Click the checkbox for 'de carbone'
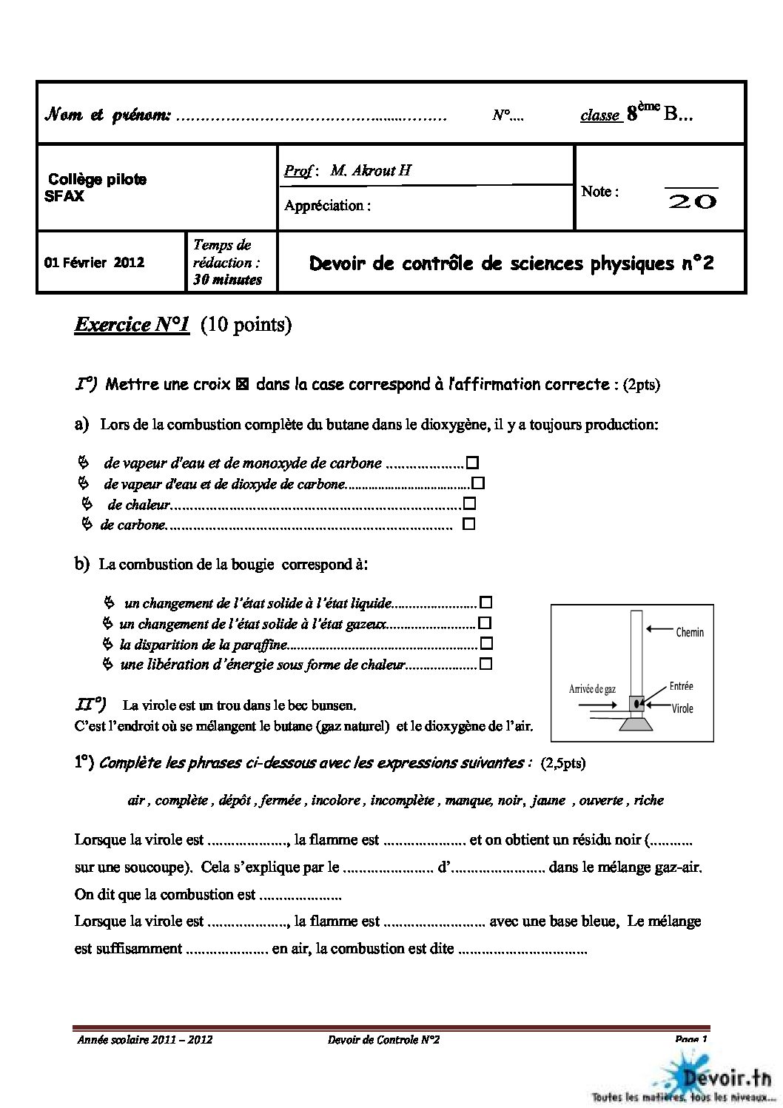click(468, 524)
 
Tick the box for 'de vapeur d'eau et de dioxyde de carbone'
click(479, 483)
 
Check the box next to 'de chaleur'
click(469, 504)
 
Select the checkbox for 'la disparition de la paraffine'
click(486, 643)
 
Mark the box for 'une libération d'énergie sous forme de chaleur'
click(486, 664)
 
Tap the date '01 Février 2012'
click(94, 263)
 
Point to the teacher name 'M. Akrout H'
click(371, 171)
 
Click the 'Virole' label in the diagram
click(682, 708)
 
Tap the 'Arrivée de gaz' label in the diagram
click(591, 689)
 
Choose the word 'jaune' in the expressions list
click(548, 800)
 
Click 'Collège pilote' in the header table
click(97, 179)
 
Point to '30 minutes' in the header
click(227, 280)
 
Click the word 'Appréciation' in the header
click(324, 206)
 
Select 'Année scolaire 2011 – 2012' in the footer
click(145, 1040)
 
